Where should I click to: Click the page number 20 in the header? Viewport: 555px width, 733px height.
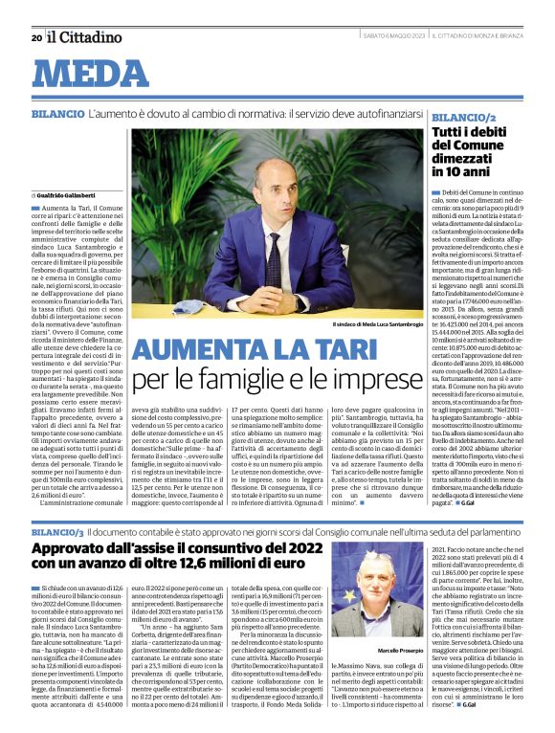[36, 38]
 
